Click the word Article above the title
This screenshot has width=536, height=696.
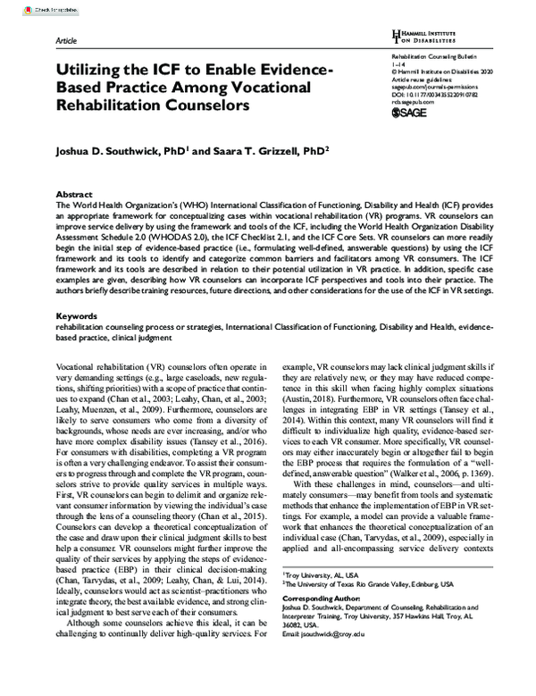[x=67, y=42]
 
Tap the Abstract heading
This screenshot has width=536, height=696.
[x=74, y=194]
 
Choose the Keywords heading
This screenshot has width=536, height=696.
[x=77, y=315]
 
